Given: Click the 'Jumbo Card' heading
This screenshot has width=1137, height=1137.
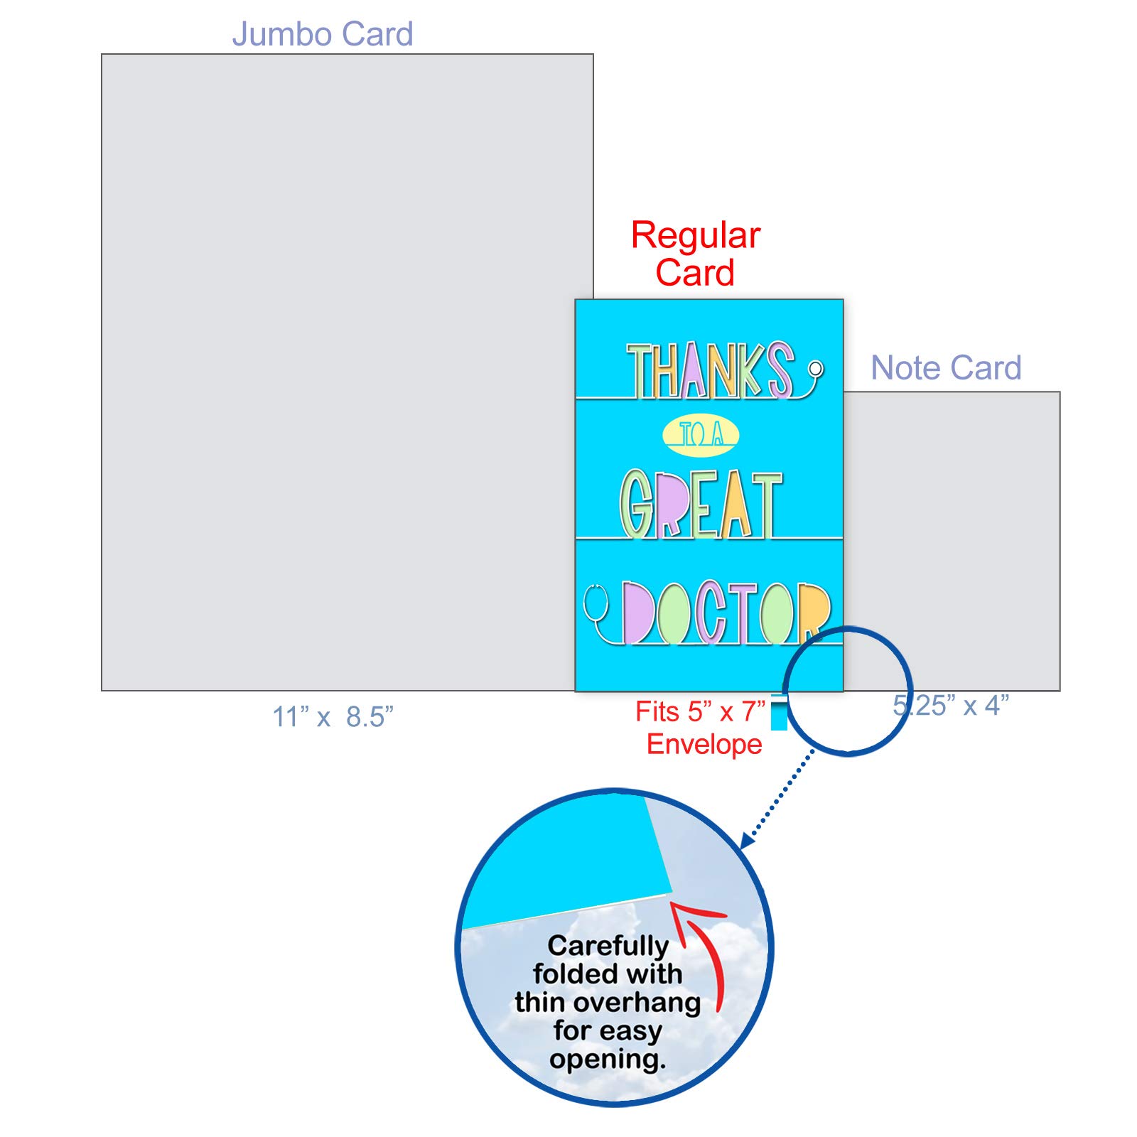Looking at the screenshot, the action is pyautogui.click(x=323, y=34).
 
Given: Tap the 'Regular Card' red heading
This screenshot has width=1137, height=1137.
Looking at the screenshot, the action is pyautogui.click(x=696, y=254).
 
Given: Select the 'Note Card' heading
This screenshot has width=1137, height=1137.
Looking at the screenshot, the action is pyautogui.click(x=946, y=368).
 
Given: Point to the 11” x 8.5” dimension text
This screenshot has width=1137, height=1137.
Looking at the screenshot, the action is pyautogui.click(x=333, y=716).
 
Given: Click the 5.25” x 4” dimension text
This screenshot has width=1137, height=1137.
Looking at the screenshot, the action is pyautogui.click(x=951, y=705).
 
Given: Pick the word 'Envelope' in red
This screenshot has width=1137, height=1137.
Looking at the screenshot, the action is pyautogui.click(x=704, y=744).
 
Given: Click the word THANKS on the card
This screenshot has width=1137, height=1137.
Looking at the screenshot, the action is pyautogui.click(x=710, y=370).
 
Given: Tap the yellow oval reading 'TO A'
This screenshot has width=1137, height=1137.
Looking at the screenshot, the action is pyautogui.click(x=701, y=435).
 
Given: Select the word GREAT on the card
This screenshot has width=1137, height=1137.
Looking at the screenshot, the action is pyautogui.click(x=701, y=504).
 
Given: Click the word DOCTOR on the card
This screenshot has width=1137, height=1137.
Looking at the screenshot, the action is pyautogui.click(x=726, y=613).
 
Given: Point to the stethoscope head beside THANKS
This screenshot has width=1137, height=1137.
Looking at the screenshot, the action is pyautogui.click(x=816, y=368).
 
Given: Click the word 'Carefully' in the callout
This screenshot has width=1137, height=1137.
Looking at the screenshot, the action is pyautogui.click(x=608, y=946).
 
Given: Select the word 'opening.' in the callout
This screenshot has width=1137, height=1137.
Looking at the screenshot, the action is pyautogui.click(x=608, y=1059).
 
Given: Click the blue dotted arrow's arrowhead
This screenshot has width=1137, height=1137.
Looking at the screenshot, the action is pyautogui.click(x=747, y=840).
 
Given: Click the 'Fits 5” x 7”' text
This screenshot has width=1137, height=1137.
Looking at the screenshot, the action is pyautogui.click(x=700, y=711).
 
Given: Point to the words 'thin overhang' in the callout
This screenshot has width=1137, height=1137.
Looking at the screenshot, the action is pyautogui.click(x=608, y=1002).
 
